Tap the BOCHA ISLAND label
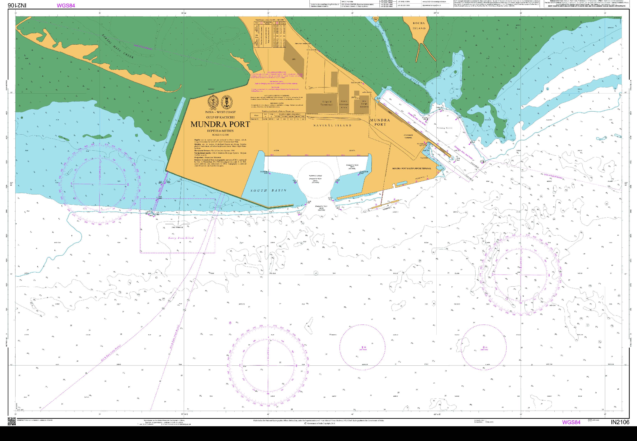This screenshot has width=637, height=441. pyautogui.click(x=419, y=26)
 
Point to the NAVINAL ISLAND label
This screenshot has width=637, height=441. pyautogui.click(x=332, y=125)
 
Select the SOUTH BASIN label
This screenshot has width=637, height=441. pyautogui.click(x=268, y=190)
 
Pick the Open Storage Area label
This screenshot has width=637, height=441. pyautogui.click(x=344, y=105)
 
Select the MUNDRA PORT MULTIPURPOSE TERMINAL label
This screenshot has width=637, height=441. pyautogui.click(x=411, y=168)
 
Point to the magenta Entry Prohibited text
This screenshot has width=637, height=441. pyautogui.click(x=181, y=238)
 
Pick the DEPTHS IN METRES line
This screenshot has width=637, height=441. pyautogui.click(x=220, y=131)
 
